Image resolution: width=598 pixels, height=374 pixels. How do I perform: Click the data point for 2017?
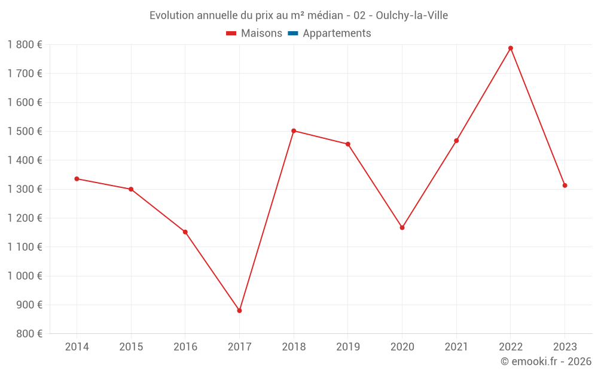239,311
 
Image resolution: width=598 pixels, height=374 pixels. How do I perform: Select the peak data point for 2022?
511,48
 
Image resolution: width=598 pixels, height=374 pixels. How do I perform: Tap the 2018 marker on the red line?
294,130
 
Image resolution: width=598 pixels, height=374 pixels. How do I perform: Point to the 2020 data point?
402,227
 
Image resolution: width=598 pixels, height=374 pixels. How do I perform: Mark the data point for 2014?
77,179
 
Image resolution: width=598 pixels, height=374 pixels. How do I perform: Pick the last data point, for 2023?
565,186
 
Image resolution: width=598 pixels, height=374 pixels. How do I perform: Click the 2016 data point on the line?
185,232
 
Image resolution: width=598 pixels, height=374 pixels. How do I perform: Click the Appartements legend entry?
337,34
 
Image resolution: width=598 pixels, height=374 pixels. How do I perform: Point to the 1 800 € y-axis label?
25,45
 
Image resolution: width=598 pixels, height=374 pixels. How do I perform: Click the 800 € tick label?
30,334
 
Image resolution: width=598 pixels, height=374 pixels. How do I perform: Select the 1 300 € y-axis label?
25,189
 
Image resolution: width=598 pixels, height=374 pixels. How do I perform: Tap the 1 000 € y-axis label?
25,276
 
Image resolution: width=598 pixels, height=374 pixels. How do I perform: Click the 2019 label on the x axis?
348,347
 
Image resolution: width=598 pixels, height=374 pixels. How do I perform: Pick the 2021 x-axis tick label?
456,347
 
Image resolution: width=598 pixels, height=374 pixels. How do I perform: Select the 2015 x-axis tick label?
131,347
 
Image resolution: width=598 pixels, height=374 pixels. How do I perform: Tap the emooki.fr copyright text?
546,361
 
